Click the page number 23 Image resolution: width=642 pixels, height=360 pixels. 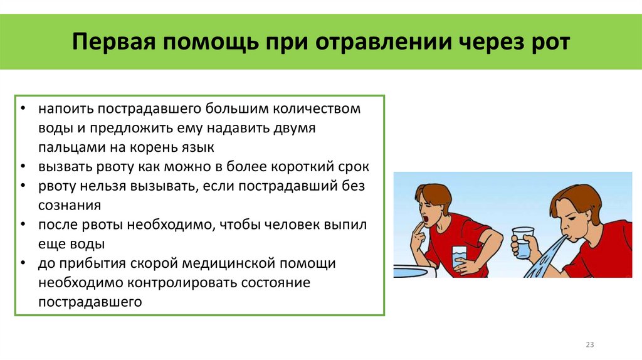[x=589, y=344]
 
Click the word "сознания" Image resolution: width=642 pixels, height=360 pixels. [x=69, y=206]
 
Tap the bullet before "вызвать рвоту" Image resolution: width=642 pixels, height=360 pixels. [x=23, y=167]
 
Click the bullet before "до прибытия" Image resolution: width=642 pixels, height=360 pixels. [x=23, y=264]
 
